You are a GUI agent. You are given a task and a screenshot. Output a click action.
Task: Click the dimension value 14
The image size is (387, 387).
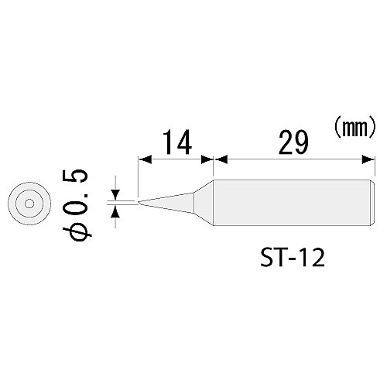[175, 143]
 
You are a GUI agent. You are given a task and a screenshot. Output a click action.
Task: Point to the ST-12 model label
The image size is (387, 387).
[290, 255]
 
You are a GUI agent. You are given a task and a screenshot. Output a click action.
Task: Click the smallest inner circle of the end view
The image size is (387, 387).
[28, 204]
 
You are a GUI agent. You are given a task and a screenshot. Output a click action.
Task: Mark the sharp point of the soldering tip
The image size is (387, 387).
[138, 204]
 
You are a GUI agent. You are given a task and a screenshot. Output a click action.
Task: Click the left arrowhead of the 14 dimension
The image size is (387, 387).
[142, 160]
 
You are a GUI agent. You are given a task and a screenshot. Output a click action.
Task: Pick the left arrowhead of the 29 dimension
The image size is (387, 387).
[219, 160]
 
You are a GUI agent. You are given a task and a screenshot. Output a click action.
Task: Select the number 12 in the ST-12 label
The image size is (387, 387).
[310, 255]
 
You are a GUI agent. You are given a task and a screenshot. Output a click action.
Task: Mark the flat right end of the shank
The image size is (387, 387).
[366, 203]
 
